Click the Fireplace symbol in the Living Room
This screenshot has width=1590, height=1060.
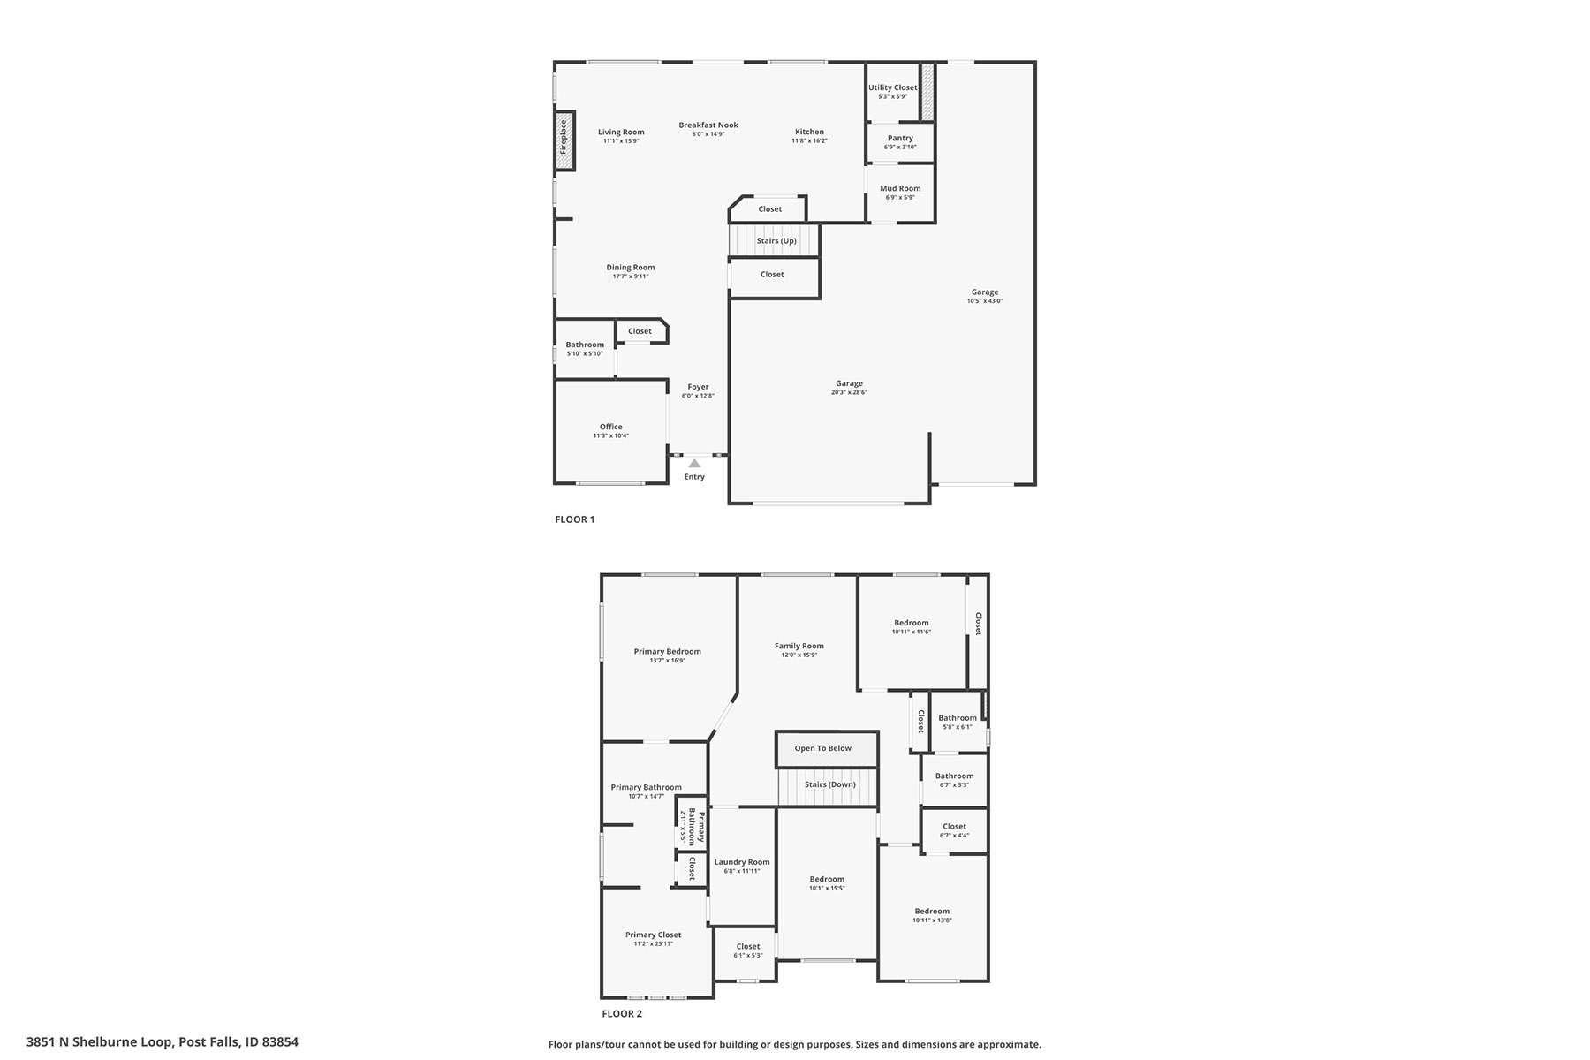tap(564, 140)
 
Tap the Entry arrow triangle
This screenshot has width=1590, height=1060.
tap(694, 463)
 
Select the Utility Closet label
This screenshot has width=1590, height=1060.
tap(892, 87)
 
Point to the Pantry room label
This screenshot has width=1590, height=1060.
tap(900, 138)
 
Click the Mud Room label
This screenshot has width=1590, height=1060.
tap(900, 188)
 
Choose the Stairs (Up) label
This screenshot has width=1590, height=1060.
tap(776, 240)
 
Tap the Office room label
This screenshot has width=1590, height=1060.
tap(611, 427)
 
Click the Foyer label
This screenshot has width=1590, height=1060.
tap(698, 387)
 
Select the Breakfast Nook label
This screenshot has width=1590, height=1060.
tap(708, 125)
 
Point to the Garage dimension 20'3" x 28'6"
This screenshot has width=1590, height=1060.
tap(849, 392)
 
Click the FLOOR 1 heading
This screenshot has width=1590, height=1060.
tap(575, 519)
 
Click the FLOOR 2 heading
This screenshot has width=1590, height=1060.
tap(622, 1014)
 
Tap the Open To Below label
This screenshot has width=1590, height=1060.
tap(822, 748)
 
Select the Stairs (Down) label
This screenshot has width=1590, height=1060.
tap(829, 784)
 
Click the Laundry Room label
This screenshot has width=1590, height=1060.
tap(742, 862)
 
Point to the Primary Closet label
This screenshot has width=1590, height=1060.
tap(653, 935)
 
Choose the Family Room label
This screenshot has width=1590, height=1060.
tap(799, 646)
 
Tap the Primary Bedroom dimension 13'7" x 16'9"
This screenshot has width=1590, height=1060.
tap(667, 661)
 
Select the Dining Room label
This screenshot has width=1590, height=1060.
tap(631, 268)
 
